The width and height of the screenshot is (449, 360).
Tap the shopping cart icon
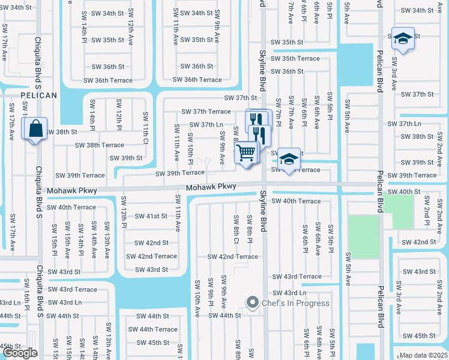246,154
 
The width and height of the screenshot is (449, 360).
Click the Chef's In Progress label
295,303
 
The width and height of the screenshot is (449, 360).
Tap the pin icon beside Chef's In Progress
253,302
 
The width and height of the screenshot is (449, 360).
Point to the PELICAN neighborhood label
38,95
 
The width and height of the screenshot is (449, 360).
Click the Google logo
20,353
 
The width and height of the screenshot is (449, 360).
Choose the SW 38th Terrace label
100,145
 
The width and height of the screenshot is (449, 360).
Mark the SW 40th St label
404,192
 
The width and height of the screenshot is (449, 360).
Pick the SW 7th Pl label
278,110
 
